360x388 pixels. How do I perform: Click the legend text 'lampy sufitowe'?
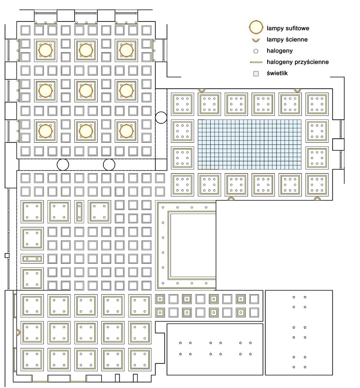point(288,28)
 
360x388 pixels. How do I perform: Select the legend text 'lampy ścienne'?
point(287,39)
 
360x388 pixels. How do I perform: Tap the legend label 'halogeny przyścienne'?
point(297,62)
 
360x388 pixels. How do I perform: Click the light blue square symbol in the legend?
point(256,74)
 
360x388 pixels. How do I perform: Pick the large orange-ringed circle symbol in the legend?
point(256,27)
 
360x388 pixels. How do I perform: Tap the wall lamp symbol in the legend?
point(256,39)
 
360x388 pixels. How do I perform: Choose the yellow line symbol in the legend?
point(256,62)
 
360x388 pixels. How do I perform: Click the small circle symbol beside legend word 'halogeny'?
point(256,51)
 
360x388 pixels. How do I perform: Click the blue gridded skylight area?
point(250,144)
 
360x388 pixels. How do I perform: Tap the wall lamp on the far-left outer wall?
point(17,332)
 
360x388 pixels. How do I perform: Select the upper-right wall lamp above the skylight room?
point(297,89)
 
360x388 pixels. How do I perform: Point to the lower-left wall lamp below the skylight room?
point(231,198)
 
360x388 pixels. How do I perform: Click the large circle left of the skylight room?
point(161,117)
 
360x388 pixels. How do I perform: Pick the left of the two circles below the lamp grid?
point(63,165)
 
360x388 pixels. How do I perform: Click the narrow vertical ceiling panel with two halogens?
point(79,212)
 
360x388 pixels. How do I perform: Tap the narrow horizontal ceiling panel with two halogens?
point(32,259)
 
